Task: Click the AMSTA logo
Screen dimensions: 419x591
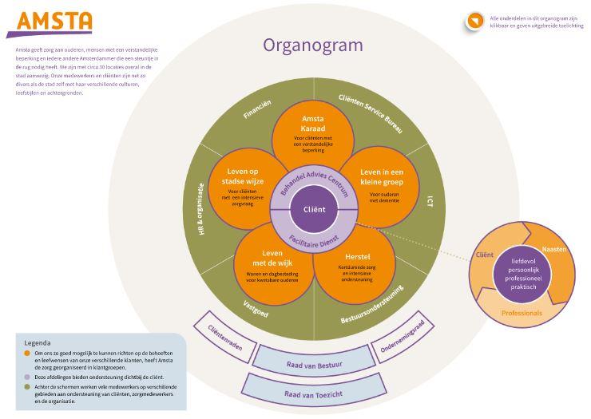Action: tap(49, 22)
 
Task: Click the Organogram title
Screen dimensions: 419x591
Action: tap(312, 45)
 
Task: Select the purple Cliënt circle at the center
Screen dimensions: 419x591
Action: tap(312, 209)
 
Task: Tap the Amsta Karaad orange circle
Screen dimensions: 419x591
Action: tap(312, 132)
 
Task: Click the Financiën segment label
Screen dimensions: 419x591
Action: tap(257, 110)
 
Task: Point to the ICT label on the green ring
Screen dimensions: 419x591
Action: tap(430, 203)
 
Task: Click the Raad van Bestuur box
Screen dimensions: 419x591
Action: tap(314, 366)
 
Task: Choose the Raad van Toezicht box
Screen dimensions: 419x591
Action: tap(313, 393)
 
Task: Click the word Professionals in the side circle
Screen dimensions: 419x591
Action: tap(522, 313)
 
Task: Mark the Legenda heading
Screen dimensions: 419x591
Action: tap(38, 342)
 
